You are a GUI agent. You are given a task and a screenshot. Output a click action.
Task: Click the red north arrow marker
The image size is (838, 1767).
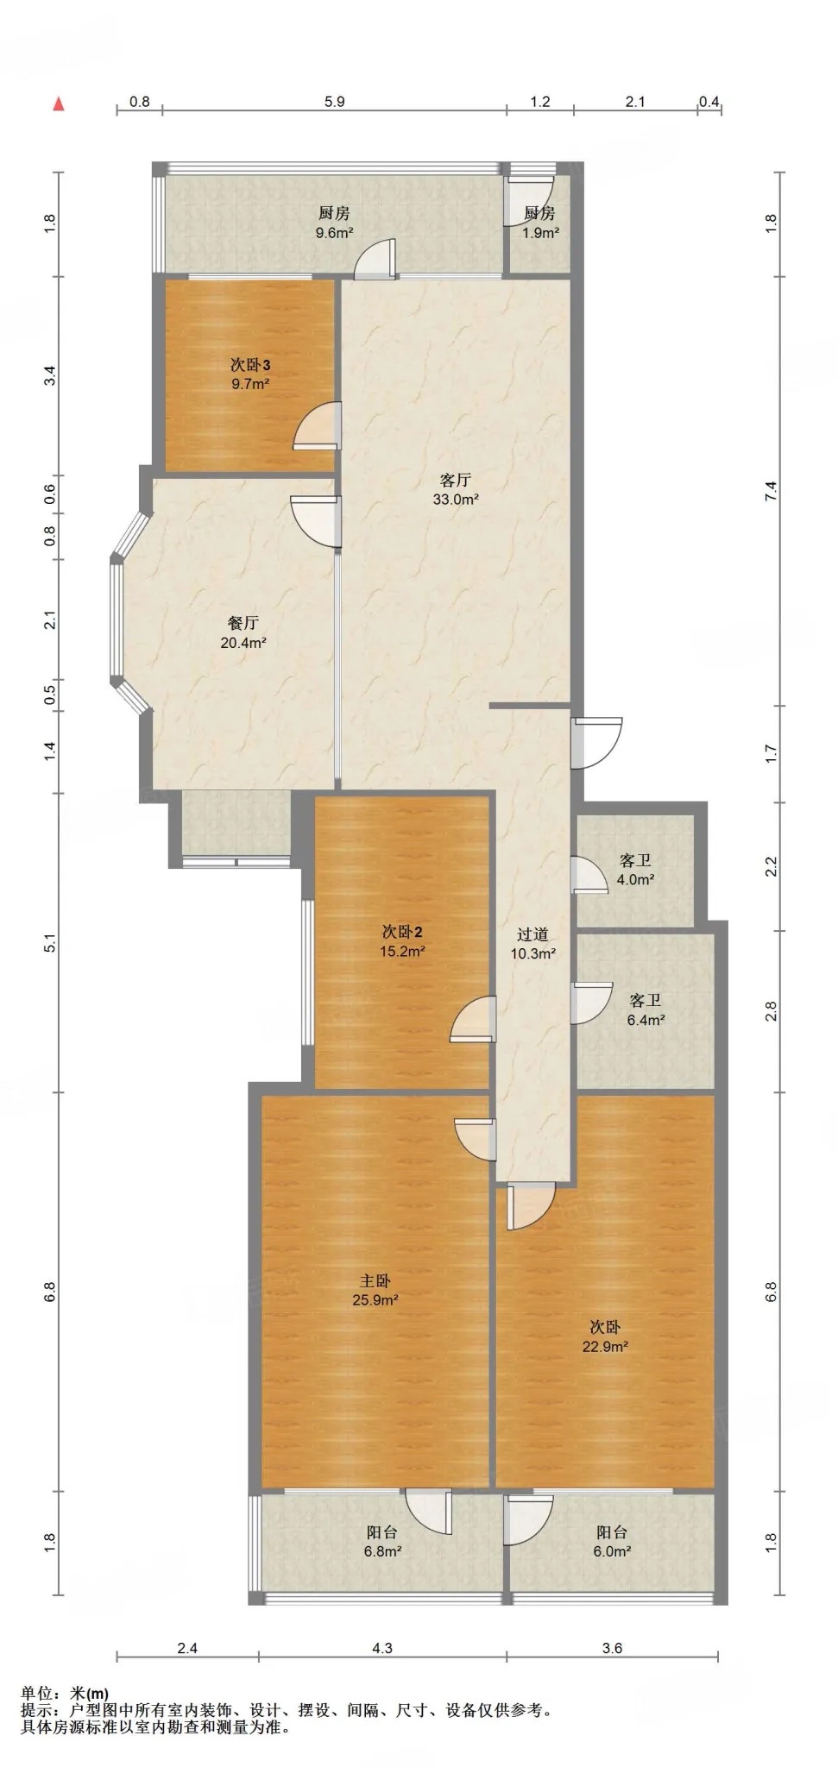pos(59,104)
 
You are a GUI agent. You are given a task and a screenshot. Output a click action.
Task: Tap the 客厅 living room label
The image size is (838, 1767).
pos(455,481)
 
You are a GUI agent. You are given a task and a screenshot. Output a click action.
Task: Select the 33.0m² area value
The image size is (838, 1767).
pos(456,500)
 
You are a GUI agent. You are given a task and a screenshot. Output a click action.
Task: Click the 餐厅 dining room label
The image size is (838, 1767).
pos(243,623)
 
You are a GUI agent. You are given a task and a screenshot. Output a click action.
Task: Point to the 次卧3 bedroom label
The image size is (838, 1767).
pos(250,366)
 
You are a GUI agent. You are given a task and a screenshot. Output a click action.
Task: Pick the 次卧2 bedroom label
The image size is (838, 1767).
pos(402,933)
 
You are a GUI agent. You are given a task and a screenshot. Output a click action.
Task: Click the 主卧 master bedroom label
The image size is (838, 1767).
pos(375,1282)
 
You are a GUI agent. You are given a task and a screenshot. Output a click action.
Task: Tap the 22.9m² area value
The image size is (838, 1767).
pos(604,1346)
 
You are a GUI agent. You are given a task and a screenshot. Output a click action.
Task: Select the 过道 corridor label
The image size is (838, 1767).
pos(532,934)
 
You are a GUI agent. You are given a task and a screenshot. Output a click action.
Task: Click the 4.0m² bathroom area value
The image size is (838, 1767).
pos(635,880)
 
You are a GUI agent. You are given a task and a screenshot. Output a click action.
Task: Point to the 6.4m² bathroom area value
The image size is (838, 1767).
pos(646,1020)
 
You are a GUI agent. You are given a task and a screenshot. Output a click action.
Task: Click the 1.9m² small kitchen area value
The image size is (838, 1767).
pos(540,232)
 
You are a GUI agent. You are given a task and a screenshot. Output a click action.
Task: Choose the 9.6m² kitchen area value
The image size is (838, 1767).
pos(334,232)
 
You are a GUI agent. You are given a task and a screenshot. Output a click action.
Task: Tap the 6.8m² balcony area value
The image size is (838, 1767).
pos(382,1550)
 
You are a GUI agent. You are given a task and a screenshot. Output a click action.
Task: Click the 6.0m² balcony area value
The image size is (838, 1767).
pos(612,1550)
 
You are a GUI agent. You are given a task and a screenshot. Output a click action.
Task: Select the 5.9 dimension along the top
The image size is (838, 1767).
pos(335,102)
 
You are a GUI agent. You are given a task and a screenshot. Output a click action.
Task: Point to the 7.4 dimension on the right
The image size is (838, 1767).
pos(772,492)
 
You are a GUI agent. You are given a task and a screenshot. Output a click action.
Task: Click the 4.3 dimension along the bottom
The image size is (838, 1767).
pos(382,1648)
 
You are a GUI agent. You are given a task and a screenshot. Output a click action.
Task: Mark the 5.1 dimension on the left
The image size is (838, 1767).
pos(50,943)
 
